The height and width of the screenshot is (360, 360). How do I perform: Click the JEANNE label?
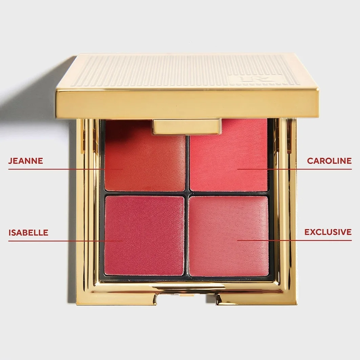point(25,161)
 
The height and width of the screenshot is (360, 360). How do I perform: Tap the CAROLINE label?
point(329,161)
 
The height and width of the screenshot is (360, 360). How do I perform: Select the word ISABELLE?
point(28,233)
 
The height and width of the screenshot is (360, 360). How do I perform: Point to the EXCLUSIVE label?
point(328,232)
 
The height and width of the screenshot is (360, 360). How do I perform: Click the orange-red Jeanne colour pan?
point(145,161)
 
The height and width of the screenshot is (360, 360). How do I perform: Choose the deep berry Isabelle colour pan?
point(144,235)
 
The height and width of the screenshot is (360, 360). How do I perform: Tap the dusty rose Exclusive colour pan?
point(229,236)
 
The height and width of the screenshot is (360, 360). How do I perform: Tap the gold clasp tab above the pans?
point(187,126)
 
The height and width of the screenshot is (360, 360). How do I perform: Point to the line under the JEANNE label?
point(65,169)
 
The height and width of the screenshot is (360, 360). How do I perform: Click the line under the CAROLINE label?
point(294,169)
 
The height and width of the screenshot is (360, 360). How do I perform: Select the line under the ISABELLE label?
point(65,241)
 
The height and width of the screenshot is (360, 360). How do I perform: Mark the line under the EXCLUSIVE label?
point(294,240)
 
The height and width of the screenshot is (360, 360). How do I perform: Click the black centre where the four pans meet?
point(187,193)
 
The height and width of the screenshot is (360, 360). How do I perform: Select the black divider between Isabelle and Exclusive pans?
point(187,236)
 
